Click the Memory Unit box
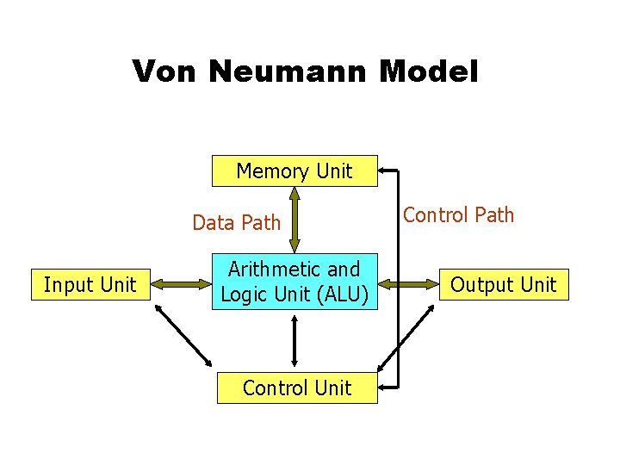pyautogui.click(x=294, y=170)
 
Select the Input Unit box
pyautogui.click(x=90, y=284)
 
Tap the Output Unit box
pyautogui.click(x=504, y=284)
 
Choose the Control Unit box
pyautogui.click(x=296, y=387)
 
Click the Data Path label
pyautogui.click(x=237, y=223)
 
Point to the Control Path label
pyautogui.click(x=458, y=215)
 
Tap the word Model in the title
pyautogui.click(x=428, y=71)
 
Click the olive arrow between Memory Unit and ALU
pyautogui.click(x=294, y=220)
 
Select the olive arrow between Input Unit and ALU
pyautogui.click(x=181, y=282)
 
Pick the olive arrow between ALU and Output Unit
pyautogui.click(x=410, y=282)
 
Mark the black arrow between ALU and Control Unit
pyautogui.click(x=294, y=341)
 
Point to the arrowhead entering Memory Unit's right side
pyautogui.click(x=383, y=170)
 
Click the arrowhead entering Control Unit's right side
pyautogui.click(x=383, y=387)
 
